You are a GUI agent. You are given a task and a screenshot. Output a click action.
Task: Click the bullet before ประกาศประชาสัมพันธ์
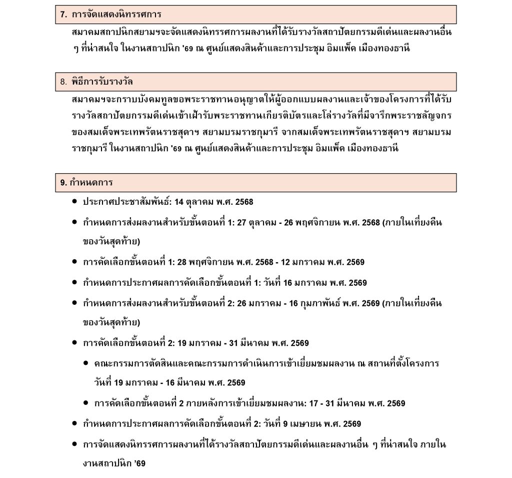pos(74,202)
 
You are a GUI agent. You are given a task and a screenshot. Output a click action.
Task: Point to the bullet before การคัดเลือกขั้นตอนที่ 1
pos(74,262)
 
